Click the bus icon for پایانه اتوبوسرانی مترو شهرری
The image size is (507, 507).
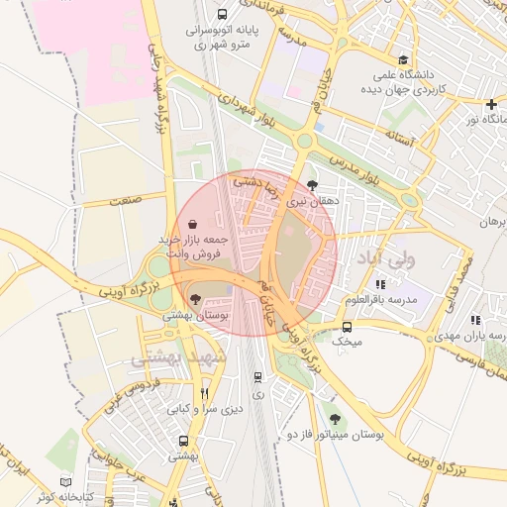(221, 15)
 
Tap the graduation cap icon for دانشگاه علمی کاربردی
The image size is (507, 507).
(401, 59)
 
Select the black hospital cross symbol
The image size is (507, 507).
(492, 104)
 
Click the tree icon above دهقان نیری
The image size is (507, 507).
(313, 184)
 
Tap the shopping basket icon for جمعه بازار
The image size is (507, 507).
(191, 225)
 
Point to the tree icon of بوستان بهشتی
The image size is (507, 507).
(195, 298)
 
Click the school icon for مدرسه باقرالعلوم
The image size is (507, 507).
(381, 284)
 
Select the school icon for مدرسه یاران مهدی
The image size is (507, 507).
(475, 320)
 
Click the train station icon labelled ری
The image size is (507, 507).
(258, 376)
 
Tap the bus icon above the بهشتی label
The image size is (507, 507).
(183, 441)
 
